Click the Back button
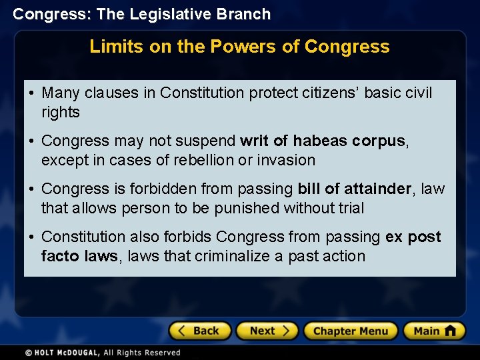pyautogui.click(x=200, y=331)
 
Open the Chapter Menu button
pyautogui.click(x=351, y=331)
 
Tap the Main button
pyautogui.click(x=434, y=331)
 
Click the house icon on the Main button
pyautogui.click(x=450, y=330)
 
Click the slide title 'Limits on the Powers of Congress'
pyautogui.click(x=239, y=47)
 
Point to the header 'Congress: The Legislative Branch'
pyautogui.click(x=142, y=14)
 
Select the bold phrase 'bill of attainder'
pyautogui.click(x=355, y=189)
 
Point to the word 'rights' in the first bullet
pyautogui.click(x=60, y=113)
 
